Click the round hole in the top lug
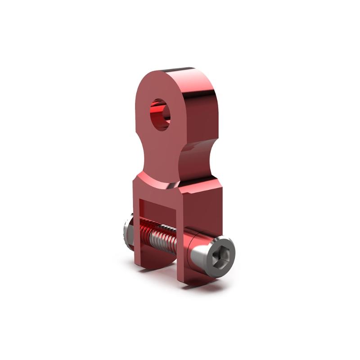(x=159, y=114)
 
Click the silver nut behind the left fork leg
(x=126, y=234)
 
